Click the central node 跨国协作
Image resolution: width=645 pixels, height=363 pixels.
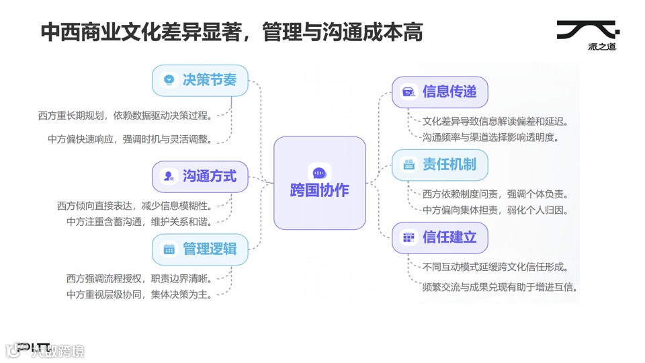[x=319, y=184]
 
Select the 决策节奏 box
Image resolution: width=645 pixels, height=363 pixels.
[x=200, y=81]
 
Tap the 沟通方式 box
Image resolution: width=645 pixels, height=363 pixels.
[x=200, y=177]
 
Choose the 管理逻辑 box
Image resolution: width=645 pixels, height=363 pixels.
[x=200, y=249]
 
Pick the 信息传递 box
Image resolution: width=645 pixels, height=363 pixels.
[x=439, y=92]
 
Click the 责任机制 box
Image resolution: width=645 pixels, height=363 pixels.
[x=439, y=165]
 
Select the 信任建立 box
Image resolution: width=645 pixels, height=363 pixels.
[x=439, y=237]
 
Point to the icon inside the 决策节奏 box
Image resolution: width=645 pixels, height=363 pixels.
[x=169, y=81]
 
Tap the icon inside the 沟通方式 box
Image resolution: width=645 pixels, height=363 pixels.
[x=169, y=177]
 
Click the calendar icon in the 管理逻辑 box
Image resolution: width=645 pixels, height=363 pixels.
[x=169, y=249]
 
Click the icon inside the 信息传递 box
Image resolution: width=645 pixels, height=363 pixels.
[x=408, y=92]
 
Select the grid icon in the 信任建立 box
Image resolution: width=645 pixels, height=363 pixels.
[x=408, y=237]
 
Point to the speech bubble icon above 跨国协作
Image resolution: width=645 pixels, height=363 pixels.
[x=319, y=173]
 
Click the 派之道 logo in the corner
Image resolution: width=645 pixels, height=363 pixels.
[x=587, y=35]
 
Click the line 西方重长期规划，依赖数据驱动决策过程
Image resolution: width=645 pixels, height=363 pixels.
[x=126, y=116]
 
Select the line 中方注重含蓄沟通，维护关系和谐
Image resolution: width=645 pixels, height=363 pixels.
[x=140, y=222]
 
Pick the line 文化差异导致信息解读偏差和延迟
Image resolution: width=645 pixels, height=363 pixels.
[x=496, y=122]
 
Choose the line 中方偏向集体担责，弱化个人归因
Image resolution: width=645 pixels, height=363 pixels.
[x=496, y=210]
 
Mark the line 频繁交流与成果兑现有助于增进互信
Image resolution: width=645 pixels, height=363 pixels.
[x=500, y=288]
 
